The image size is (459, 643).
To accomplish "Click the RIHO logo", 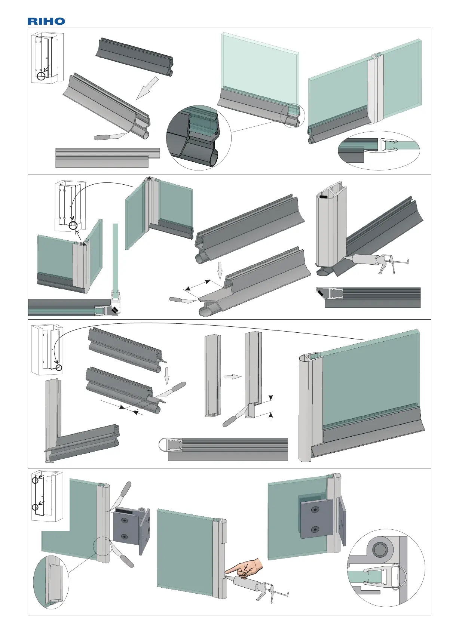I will (x=46, y=21).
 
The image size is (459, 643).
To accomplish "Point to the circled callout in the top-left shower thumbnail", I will (x=41, y=76).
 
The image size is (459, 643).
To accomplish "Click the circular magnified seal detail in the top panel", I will (x=199, y=138).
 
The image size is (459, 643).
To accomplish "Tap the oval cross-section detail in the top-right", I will (x=379, y=150).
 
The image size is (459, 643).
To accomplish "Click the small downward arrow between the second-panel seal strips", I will (x=220, y=270).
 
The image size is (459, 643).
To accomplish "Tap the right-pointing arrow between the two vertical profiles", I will (x=232, y=377).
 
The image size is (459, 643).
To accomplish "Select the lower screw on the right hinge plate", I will (x=315, y=529).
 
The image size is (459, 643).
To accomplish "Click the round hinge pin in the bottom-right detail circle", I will (x=380, y=549).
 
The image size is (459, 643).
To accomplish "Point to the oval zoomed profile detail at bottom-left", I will (x=51, y=582).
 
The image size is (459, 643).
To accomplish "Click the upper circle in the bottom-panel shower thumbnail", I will (x=35, y=480).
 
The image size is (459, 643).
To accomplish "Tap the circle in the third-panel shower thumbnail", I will (x=58, y=367).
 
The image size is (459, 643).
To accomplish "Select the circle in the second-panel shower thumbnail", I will (x=73, y=225).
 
